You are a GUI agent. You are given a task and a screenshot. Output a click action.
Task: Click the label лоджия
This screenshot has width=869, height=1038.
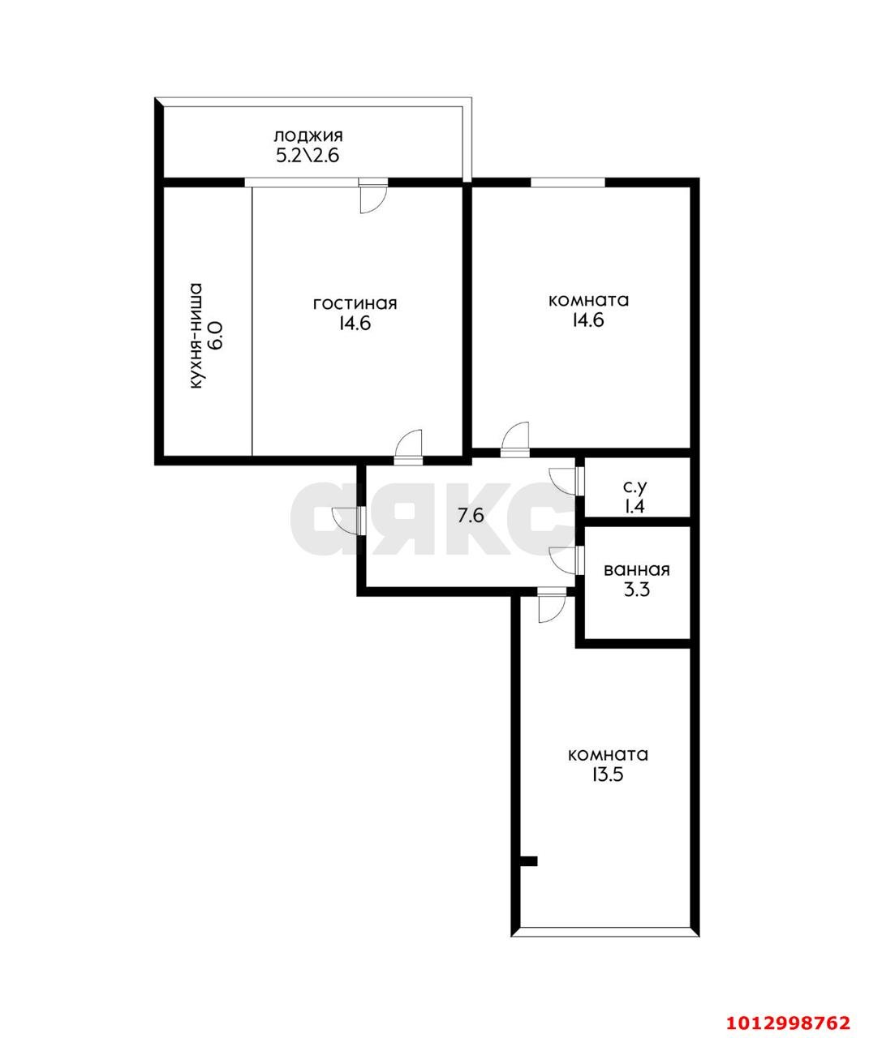click(308, 135)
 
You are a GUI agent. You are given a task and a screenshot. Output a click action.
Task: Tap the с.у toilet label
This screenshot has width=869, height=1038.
click(635, 487)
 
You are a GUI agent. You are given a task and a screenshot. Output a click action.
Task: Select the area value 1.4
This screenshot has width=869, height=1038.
click(635, 507)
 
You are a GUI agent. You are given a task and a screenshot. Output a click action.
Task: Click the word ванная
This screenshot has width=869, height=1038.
click(636, 570)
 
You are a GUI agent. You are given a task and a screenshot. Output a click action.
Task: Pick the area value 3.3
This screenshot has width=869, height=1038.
click(636, 590)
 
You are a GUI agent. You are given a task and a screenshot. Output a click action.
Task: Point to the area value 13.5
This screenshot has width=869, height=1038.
click(608, 774)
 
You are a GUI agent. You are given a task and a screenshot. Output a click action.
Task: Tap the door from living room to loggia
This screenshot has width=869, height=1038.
click(373, 197)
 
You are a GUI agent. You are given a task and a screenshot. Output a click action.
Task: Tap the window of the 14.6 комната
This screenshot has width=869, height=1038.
click(567, 182)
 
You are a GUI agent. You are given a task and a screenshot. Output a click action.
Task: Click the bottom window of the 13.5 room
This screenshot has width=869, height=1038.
click(606, 931)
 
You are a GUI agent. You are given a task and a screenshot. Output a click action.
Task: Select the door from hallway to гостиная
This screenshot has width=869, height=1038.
click(408, 447)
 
